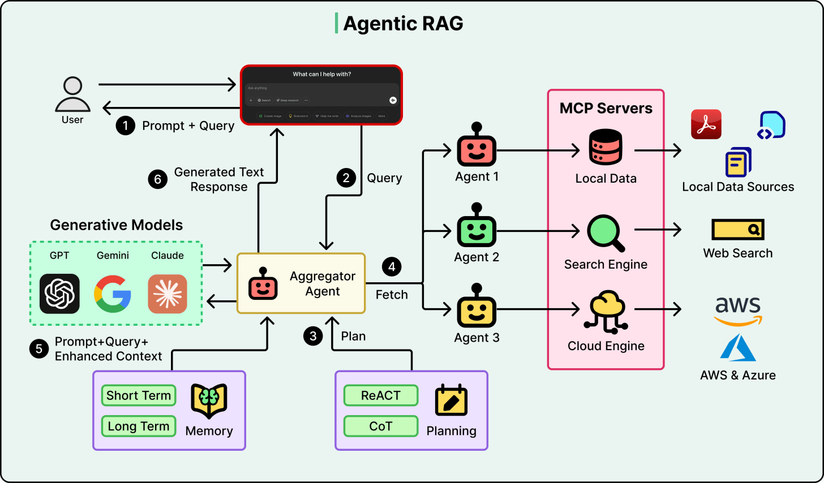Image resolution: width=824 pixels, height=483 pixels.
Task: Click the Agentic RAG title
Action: point(403,24)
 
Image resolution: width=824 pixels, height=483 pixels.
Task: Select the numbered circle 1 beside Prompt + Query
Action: point(125,126)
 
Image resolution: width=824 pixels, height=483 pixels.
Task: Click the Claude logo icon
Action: point(168,294)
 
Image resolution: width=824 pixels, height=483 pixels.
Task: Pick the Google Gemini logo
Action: point(113,294)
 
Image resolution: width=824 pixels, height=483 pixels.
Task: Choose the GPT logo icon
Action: point(59,294)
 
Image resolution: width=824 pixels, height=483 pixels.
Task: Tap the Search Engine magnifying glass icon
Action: point(606,232)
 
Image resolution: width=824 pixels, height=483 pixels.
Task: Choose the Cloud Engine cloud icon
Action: point(606,312)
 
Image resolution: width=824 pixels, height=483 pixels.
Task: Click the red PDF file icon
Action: point(706,124)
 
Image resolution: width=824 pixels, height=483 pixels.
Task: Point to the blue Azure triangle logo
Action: point(738,348)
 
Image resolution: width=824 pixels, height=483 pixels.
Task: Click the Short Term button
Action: point(139,395)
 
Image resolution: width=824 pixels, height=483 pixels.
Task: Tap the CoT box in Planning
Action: point(381,426)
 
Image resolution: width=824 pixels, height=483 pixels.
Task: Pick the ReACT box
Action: point(381,395)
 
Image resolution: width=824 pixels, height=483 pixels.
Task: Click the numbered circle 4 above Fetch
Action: point(392,267)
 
